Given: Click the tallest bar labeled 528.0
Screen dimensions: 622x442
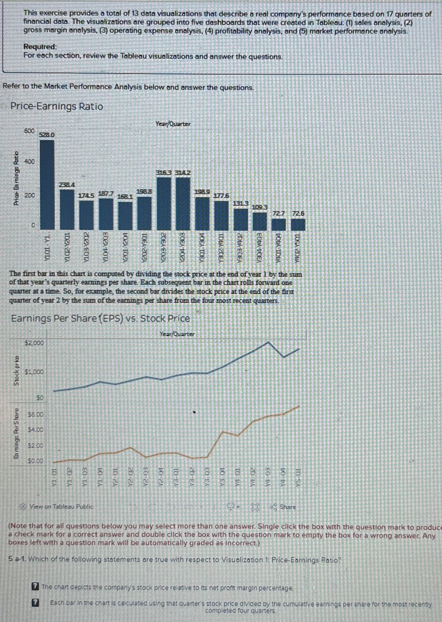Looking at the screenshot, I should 47,184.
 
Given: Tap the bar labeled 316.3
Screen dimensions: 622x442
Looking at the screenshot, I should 164,203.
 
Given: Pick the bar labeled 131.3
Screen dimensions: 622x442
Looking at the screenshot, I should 241,219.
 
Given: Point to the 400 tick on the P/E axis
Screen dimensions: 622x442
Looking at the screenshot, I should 29,162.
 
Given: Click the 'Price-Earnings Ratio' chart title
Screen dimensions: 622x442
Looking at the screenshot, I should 57,106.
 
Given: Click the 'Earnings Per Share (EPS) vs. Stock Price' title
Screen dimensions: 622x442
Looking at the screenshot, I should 100,318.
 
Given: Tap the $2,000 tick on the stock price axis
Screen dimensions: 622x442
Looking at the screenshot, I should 34,343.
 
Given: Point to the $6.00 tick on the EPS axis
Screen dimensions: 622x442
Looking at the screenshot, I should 36,414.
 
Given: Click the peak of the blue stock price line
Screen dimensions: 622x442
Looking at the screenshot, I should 268,342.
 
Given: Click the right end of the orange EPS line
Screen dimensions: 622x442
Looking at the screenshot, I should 299,406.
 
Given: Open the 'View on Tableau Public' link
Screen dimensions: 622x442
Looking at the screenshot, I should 61,506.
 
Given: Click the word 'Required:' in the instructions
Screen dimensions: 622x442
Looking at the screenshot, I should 40,47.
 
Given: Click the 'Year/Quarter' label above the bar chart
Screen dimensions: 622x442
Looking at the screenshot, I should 173,124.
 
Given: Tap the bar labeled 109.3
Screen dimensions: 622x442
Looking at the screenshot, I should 260,221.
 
